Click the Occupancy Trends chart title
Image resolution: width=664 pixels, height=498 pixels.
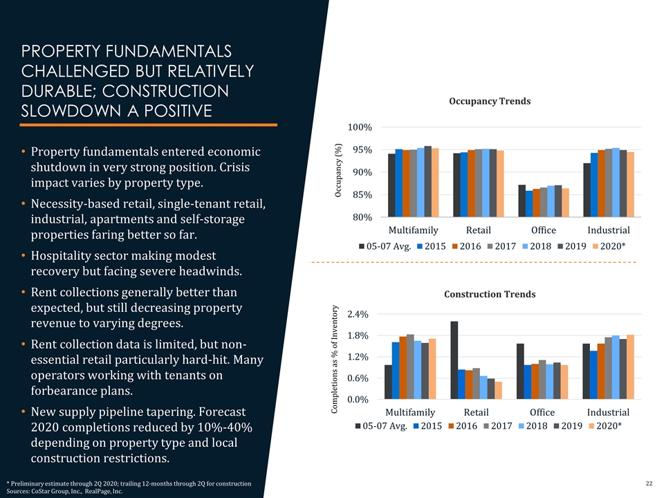pyautogui.click(x=490, y=101)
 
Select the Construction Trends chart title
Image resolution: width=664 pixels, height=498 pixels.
pyautogui.click(x=490, y=294)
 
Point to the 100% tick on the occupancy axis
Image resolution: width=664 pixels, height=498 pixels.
pyautogui.click(x=360, y=127)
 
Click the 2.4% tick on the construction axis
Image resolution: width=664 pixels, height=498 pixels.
pyautogui.click(x=358, y=315)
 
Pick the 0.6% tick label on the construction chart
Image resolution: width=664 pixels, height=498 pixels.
pyautogui.click(x=358, y=378)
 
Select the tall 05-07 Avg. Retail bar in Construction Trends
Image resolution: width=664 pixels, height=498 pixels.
pyautogui.click(x=454, y=360)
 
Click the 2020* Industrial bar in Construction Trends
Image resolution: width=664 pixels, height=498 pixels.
pyautogui.click(x=630, y=367)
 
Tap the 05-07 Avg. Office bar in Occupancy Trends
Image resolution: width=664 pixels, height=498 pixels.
pyautogui.click(x=522, y=201)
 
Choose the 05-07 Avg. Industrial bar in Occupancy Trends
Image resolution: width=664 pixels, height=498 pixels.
pyautogui.click(x=587, y=190)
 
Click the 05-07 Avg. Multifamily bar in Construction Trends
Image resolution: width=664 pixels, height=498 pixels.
pyautogui.click(x=388, y=382)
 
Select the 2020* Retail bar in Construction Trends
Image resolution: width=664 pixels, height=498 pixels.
pyautogui.click(x=498, y=390)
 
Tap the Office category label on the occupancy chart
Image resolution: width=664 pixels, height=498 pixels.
pyautogui.click(x=543, y=230)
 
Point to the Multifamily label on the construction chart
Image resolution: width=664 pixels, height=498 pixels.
pyautogui.click(x=410, y=412)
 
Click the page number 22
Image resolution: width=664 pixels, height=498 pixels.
pyautogui.click(x=649, y=482)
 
